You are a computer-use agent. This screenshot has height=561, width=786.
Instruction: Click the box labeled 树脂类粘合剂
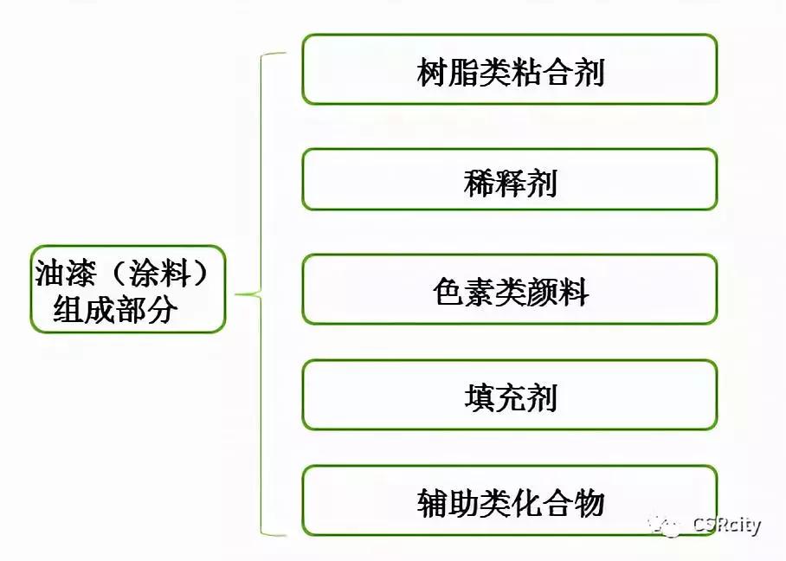click(x=509, y=69)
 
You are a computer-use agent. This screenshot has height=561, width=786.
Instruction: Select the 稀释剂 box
click(x=509, y=179)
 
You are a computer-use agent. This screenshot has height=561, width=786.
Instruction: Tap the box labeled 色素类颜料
click(x=509, y=289)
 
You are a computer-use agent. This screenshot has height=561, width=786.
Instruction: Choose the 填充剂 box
click(x=509, y=395)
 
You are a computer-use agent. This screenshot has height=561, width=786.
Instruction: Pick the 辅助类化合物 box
click(x=509, y=500)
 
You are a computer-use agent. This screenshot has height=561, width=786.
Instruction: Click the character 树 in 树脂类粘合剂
click(x=432, y=73)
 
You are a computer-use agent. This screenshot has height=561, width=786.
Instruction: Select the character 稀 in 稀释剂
click(x=479, y=183)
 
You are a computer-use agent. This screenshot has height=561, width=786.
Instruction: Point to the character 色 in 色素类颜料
click(x=448, y=293)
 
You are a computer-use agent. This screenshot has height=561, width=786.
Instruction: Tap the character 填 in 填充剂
click(x=479, y=398)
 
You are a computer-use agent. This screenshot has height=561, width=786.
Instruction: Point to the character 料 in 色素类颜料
click(x=572, y=293)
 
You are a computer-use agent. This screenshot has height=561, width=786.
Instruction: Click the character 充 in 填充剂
click(x=510, y=398)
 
